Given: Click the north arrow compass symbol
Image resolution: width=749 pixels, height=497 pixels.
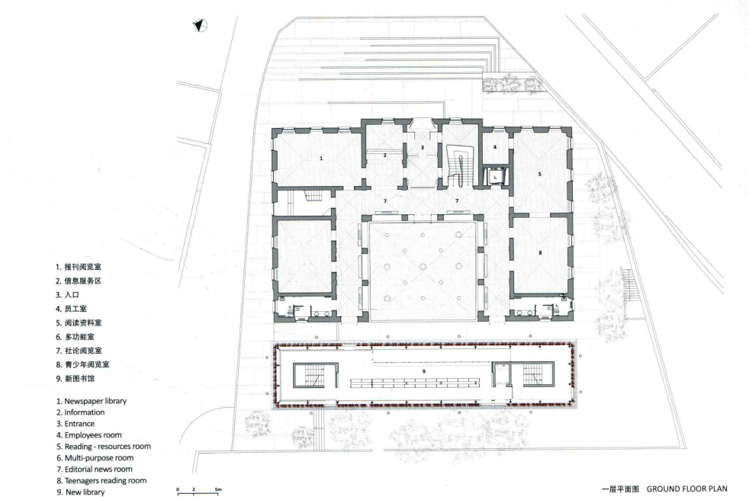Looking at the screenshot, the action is (200, 25).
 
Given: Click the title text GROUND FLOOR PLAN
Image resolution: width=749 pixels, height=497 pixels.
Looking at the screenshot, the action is (687, 489).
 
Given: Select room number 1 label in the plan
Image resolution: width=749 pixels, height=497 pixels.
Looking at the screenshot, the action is (321, 158).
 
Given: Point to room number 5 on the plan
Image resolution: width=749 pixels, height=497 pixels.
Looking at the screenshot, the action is (540, 175).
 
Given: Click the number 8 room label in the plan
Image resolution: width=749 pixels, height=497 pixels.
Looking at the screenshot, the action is (540, 252).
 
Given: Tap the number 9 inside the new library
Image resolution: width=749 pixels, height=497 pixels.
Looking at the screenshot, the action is (424, 371).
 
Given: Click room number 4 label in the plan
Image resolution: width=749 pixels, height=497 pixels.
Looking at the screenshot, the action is (495, 147).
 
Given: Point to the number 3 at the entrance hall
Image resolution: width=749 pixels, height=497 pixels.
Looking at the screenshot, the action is (423, 148).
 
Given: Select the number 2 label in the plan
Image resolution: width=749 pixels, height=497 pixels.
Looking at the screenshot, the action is (384, 156).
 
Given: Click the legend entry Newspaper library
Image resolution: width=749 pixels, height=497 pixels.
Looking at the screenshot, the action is (92, 401).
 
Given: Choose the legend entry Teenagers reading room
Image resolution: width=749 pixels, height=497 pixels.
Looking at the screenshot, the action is (101, 481).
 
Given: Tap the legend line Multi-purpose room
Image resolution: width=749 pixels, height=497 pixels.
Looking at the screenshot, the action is (95, 458).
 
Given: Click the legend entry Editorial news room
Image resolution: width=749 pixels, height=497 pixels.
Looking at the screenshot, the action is (94, 470).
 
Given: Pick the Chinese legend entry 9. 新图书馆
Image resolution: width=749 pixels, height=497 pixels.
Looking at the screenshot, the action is (76, 379).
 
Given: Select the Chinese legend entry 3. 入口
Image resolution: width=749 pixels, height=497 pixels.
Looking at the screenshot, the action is (67, 295).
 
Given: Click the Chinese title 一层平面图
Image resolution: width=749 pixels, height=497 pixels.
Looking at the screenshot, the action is (620, 489).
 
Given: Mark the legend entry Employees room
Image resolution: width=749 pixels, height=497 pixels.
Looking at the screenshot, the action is (88, 435).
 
